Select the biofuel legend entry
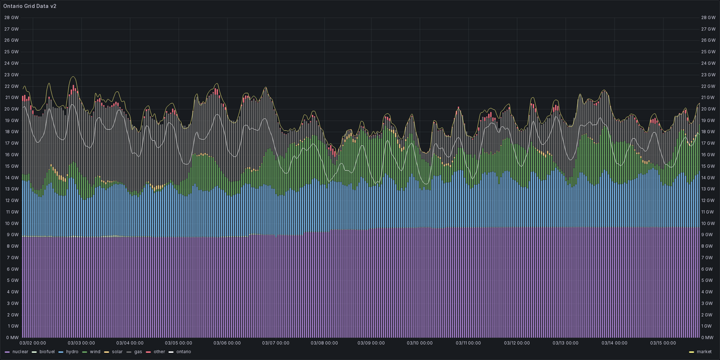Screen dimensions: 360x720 (48, 352)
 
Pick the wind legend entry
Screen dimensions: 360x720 (94, 352)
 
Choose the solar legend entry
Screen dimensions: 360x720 (115, 352)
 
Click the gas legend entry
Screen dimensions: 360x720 (137, 352)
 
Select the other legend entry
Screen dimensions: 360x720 (158, 352)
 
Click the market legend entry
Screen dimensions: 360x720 (704, 352)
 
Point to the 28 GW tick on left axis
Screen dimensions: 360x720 (11, 17)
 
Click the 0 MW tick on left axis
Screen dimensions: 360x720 (11, 338)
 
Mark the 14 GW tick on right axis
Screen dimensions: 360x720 (709, 178)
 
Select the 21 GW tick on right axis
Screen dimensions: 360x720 (709, 97)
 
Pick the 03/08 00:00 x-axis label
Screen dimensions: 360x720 (324, 344)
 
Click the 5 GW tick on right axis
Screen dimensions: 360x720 (707, 281)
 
